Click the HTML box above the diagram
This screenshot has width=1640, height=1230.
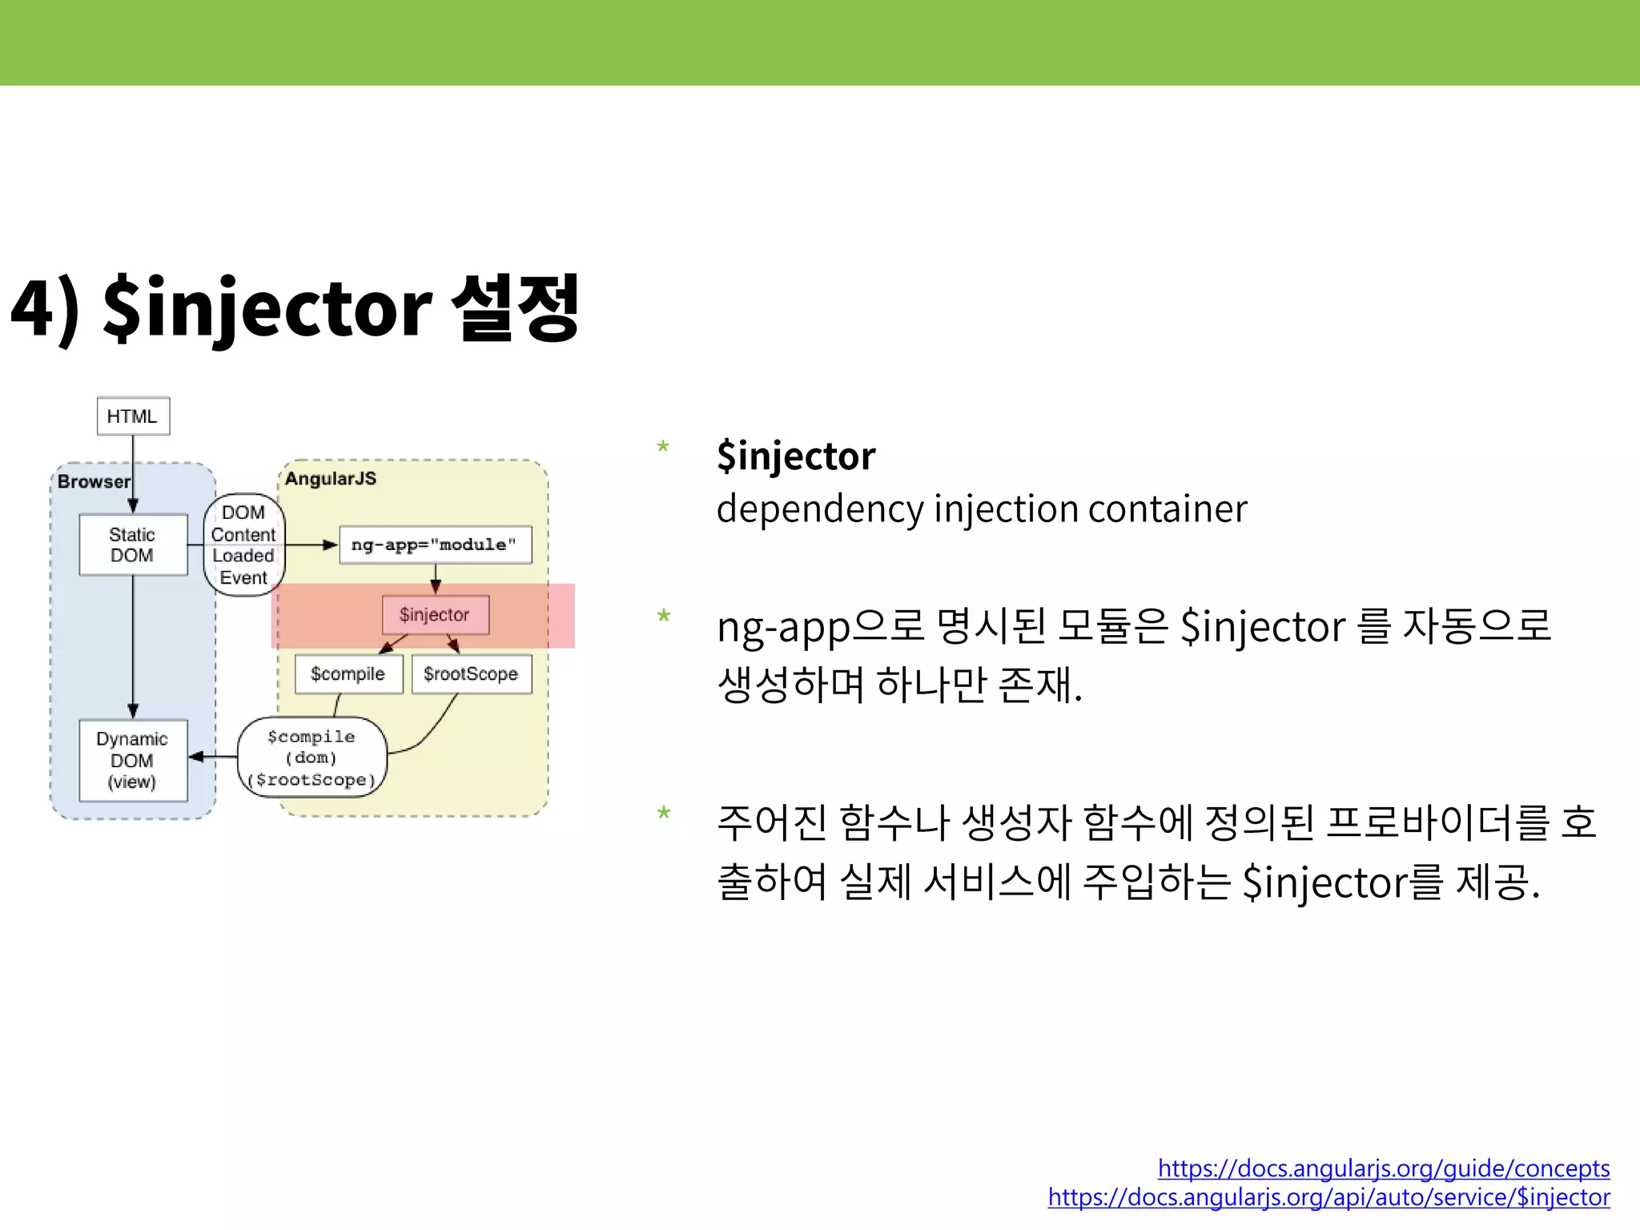133,416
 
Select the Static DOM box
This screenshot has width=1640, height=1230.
133,545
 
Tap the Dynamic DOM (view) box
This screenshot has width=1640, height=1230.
133,760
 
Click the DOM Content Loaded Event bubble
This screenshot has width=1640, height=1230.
243,545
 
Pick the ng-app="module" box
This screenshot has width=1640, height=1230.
435,545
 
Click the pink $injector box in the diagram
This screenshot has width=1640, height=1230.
435,615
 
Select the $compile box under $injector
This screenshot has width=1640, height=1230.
348,674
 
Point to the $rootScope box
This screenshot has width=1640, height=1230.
471,674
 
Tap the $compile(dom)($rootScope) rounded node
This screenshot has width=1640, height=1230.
312,758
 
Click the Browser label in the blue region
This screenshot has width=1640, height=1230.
93,481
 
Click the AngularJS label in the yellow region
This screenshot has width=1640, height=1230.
330,479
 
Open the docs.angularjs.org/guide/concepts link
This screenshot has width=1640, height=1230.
1383,1168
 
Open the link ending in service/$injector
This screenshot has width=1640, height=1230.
1328,1197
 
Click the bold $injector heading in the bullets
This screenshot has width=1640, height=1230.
796,456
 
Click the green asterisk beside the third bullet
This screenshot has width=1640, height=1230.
663,814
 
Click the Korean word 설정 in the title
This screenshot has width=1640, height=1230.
515,307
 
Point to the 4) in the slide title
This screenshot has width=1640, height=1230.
45,309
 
